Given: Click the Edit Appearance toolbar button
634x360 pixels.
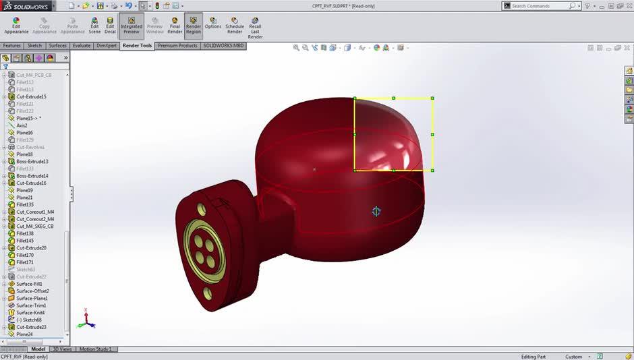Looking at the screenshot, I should click(16, 26).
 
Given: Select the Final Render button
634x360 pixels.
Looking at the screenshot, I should click(175, 26).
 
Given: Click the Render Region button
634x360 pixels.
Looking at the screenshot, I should click(194, 26).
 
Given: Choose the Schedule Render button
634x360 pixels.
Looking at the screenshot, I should click(235, 26).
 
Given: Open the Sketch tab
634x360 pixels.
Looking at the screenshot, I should click(34, 46).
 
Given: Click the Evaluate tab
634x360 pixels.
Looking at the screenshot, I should click(82, 46).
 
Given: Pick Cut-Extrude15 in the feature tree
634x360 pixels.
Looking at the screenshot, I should click(31, 96).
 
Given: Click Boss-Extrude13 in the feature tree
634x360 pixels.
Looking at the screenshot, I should click(32, 162).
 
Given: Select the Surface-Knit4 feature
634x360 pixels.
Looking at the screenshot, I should click(30, 313).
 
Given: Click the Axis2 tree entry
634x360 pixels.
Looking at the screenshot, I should click(22, 125).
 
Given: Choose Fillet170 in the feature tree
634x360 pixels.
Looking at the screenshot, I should click(25, 255).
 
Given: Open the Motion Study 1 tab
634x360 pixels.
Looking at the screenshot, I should click(96, 349).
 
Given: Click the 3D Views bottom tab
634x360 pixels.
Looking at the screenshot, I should click(61, 349).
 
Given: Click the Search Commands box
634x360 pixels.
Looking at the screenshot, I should click(540, 5).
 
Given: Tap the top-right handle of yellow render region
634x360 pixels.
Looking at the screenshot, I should click(432, 98).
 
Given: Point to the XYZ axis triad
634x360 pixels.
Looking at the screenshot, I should click(86, 320).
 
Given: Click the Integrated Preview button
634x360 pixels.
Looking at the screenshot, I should click(131, 26).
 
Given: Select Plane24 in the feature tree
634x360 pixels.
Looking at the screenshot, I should click(24, 334).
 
